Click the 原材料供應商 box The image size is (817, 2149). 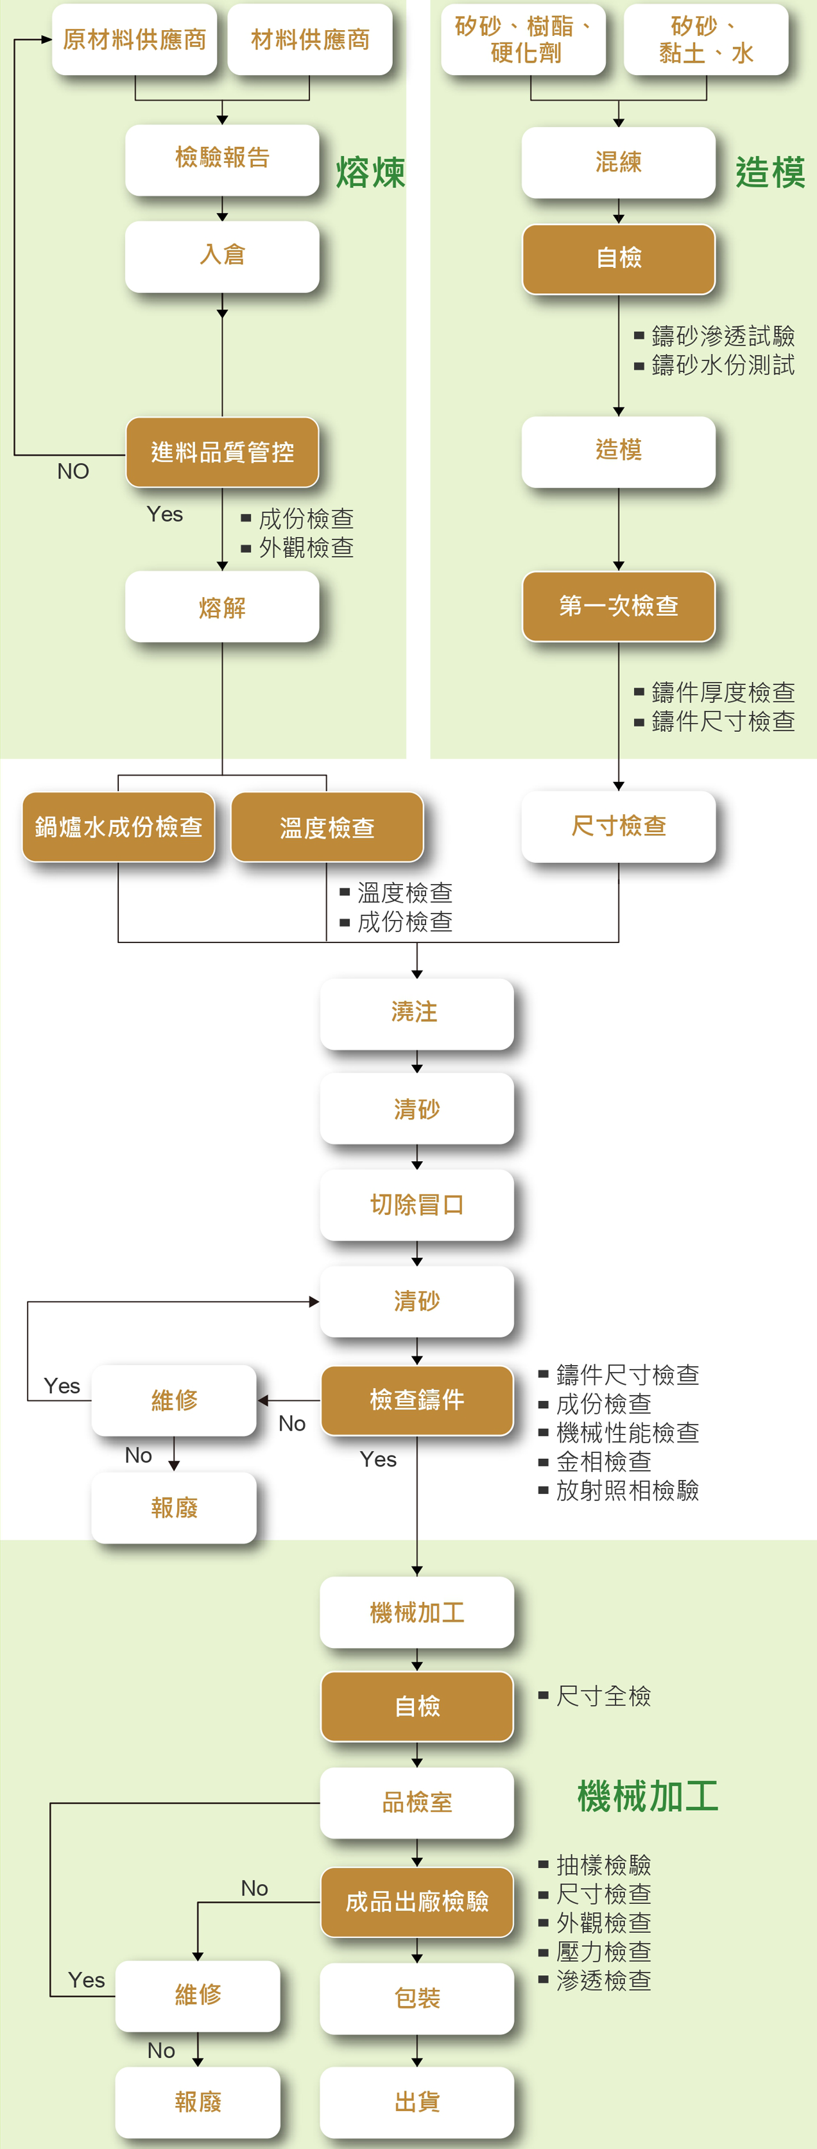(x=134, y=39)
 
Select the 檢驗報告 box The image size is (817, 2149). (x=222, y=159)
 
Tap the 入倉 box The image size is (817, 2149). (x=222, y=256)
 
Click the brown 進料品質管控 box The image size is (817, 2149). (x=222, y=452)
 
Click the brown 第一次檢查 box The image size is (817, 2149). (x=619, y=606)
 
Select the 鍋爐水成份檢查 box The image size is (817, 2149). (x=119, y=827)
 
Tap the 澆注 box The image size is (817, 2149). (x=417, y=1014)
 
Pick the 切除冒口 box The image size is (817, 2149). (x=417, y=1205)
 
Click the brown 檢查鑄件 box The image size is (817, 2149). (x=417, y=1400)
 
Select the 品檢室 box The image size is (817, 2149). (x=417, y=1802)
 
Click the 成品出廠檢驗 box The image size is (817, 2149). (x=417, y=1902)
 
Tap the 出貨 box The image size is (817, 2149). (x=417, y=2102)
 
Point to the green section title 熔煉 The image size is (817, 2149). (x=370, y=173)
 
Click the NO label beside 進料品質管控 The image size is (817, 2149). (x=73, y=471)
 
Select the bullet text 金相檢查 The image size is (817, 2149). (x=604, y=1461)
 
